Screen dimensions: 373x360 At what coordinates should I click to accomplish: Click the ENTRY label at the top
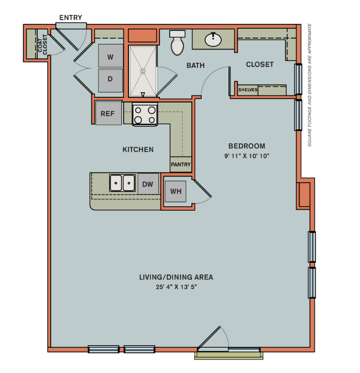[x=71, y=18]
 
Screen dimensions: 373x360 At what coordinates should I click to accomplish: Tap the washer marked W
[x=110, y=57]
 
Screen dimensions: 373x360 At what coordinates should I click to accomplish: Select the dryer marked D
[x=110, y=80]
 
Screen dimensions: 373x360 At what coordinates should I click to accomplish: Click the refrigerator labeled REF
[x=108, y=114]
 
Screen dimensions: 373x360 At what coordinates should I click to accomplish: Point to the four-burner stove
[x=145, y=114]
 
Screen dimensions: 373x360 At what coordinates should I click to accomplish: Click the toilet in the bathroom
[x=177, y=43]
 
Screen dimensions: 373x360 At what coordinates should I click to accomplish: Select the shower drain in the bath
[x=143, y=71]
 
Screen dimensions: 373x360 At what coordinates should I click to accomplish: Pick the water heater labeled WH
[x=176, y=192]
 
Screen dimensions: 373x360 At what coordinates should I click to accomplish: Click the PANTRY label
[x=181, y=165]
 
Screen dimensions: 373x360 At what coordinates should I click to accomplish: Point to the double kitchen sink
[x=123, y=183]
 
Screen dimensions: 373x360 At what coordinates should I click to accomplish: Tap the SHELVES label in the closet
[x=248, y=90]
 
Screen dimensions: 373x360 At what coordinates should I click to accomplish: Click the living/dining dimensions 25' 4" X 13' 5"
[x=176, y=286]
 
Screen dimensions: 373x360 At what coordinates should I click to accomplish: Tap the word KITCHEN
[x=138, y=149]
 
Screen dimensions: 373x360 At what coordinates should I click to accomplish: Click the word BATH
[x=195, y=65]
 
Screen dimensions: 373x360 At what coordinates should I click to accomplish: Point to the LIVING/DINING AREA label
[x=176, y=277]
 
